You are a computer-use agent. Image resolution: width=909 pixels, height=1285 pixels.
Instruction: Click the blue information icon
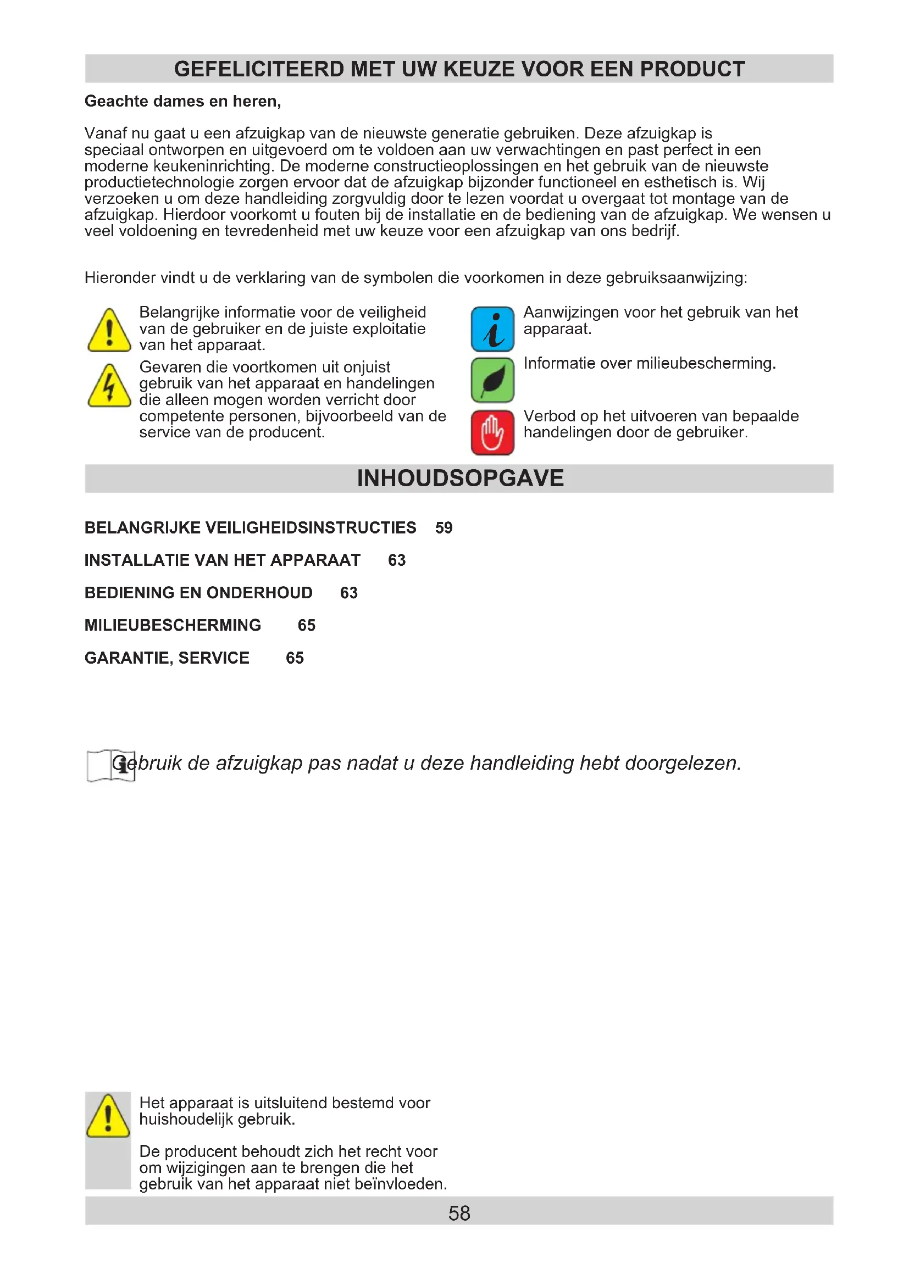click(492, 329)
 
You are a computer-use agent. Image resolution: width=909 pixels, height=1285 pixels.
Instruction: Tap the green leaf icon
click(492, 380)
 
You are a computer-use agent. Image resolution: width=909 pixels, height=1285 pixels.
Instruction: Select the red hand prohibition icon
click(492, 432)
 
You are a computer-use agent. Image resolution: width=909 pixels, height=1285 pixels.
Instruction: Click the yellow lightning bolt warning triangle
click(109, 387)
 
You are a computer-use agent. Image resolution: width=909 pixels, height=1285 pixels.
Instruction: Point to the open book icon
click(111, 765)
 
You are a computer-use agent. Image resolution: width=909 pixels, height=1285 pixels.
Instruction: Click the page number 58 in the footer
click(459, 1214)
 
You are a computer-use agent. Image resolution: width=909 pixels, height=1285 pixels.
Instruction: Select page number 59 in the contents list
click(444, 528)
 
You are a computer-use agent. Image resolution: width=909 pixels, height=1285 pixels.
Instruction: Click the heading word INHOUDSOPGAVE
click(460, 479)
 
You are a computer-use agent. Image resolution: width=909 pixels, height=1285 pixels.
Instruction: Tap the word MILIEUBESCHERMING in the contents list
click(173, 625)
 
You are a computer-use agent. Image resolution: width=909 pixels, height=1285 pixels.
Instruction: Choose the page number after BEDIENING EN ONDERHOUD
click(349, 593)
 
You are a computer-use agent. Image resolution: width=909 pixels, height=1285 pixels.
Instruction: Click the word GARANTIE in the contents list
click(128, 658)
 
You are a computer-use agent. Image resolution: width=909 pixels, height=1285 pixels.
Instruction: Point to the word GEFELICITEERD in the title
click(259, 69)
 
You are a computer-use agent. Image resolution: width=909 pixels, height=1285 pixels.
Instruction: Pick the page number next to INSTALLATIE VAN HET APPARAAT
click(397, 560)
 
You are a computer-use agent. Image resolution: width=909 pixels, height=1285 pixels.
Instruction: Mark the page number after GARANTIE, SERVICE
click(295, 658)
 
